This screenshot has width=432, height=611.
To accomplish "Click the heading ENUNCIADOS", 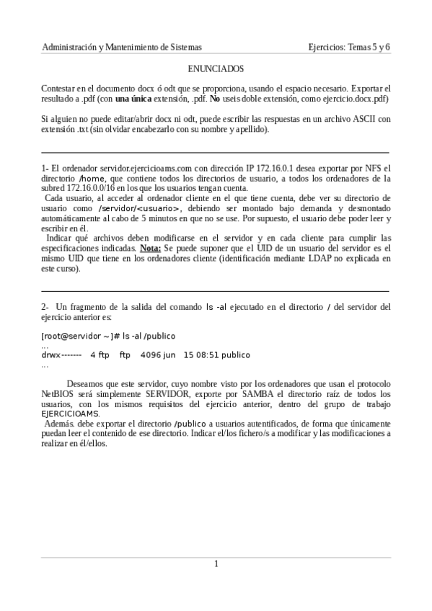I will [x=216, y=69].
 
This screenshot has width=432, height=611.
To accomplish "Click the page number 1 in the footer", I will [x=216, y=563].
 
